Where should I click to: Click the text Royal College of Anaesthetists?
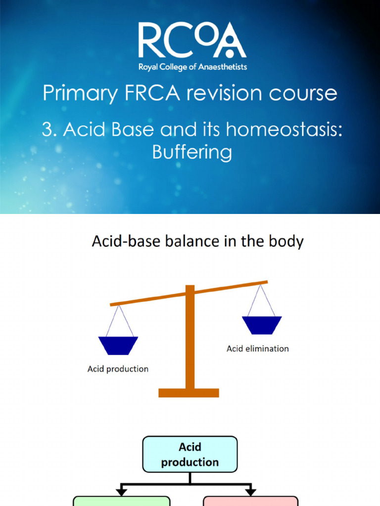click(x=192, y=67)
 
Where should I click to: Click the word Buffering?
click(x=192, y=152)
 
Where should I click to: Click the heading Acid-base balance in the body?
click(x=197, y=242)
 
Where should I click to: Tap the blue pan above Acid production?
click(x=118, y=345)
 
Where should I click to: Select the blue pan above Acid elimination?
click(x=262, y=325)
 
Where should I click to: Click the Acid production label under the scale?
click(x=118, y=369)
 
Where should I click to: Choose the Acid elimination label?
click(x=257, y=349)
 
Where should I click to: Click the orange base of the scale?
click(x=189, y=393)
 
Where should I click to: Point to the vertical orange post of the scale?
click(x=190, y=341)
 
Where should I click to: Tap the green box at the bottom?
click(x=122, y=501)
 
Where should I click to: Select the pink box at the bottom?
click(x=250, y=501)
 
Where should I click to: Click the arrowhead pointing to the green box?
click(x=121, y=492)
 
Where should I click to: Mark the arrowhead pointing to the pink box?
click(x=250, y=492)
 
